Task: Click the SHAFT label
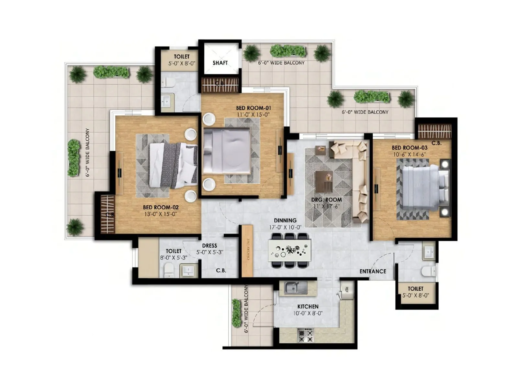pos(220,63)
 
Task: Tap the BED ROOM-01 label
pos(253,108)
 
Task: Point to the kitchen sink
pos(295,288)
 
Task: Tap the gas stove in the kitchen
pos(305,335)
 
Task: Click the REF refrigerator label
pos(347,289)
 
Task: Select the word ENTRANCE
pos(373,271)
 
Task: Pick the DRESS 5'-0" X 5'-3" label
pos(209,249)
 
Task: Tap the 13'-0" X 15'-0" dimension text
pos(161,214)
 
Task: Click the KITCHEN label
pos(308,306)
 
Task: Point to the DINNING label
pos(285,221)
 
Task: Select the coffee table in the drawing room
pos(324,181)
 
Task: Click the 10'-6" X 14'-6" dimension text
pos(409,155)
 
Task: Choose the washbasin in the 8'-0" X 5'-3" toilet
pos(188,270)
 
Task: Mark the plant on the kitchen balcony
pos(236,313)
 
